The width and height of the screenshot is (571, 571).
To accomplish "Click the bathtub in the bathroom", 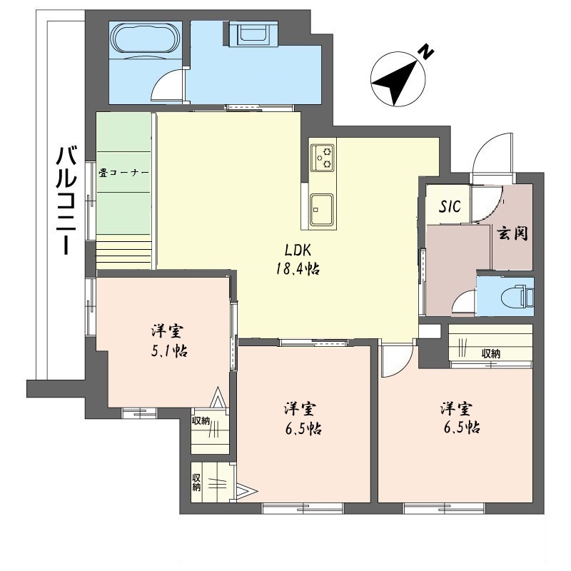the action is tap(146, 39).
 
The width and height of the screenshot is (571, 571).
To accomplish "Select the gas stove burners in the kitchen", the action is tap(322, 157).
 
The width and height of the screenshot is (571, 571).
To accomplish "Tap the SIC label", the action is tap(450, 206).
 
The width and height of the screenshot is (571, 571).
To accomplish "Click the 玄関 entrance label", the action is tap(512, 233).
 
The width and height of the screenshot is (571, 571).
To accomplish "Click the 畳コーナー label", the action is tap(123, 173).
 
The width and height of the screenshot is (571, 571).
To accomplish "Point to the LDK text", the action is tap(298, 251).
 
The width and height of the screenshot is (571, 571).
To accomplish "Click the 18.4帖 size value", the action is tap(298, 270).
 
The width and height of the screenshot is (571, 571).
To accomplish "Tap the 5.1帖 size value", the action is tap(169, 350).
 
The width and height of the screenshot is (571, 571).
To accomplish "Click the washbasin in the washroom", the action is tap(253, 33).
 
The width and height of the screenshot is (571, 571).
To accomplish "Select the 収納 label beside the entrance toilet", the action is tap(491, 353).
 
